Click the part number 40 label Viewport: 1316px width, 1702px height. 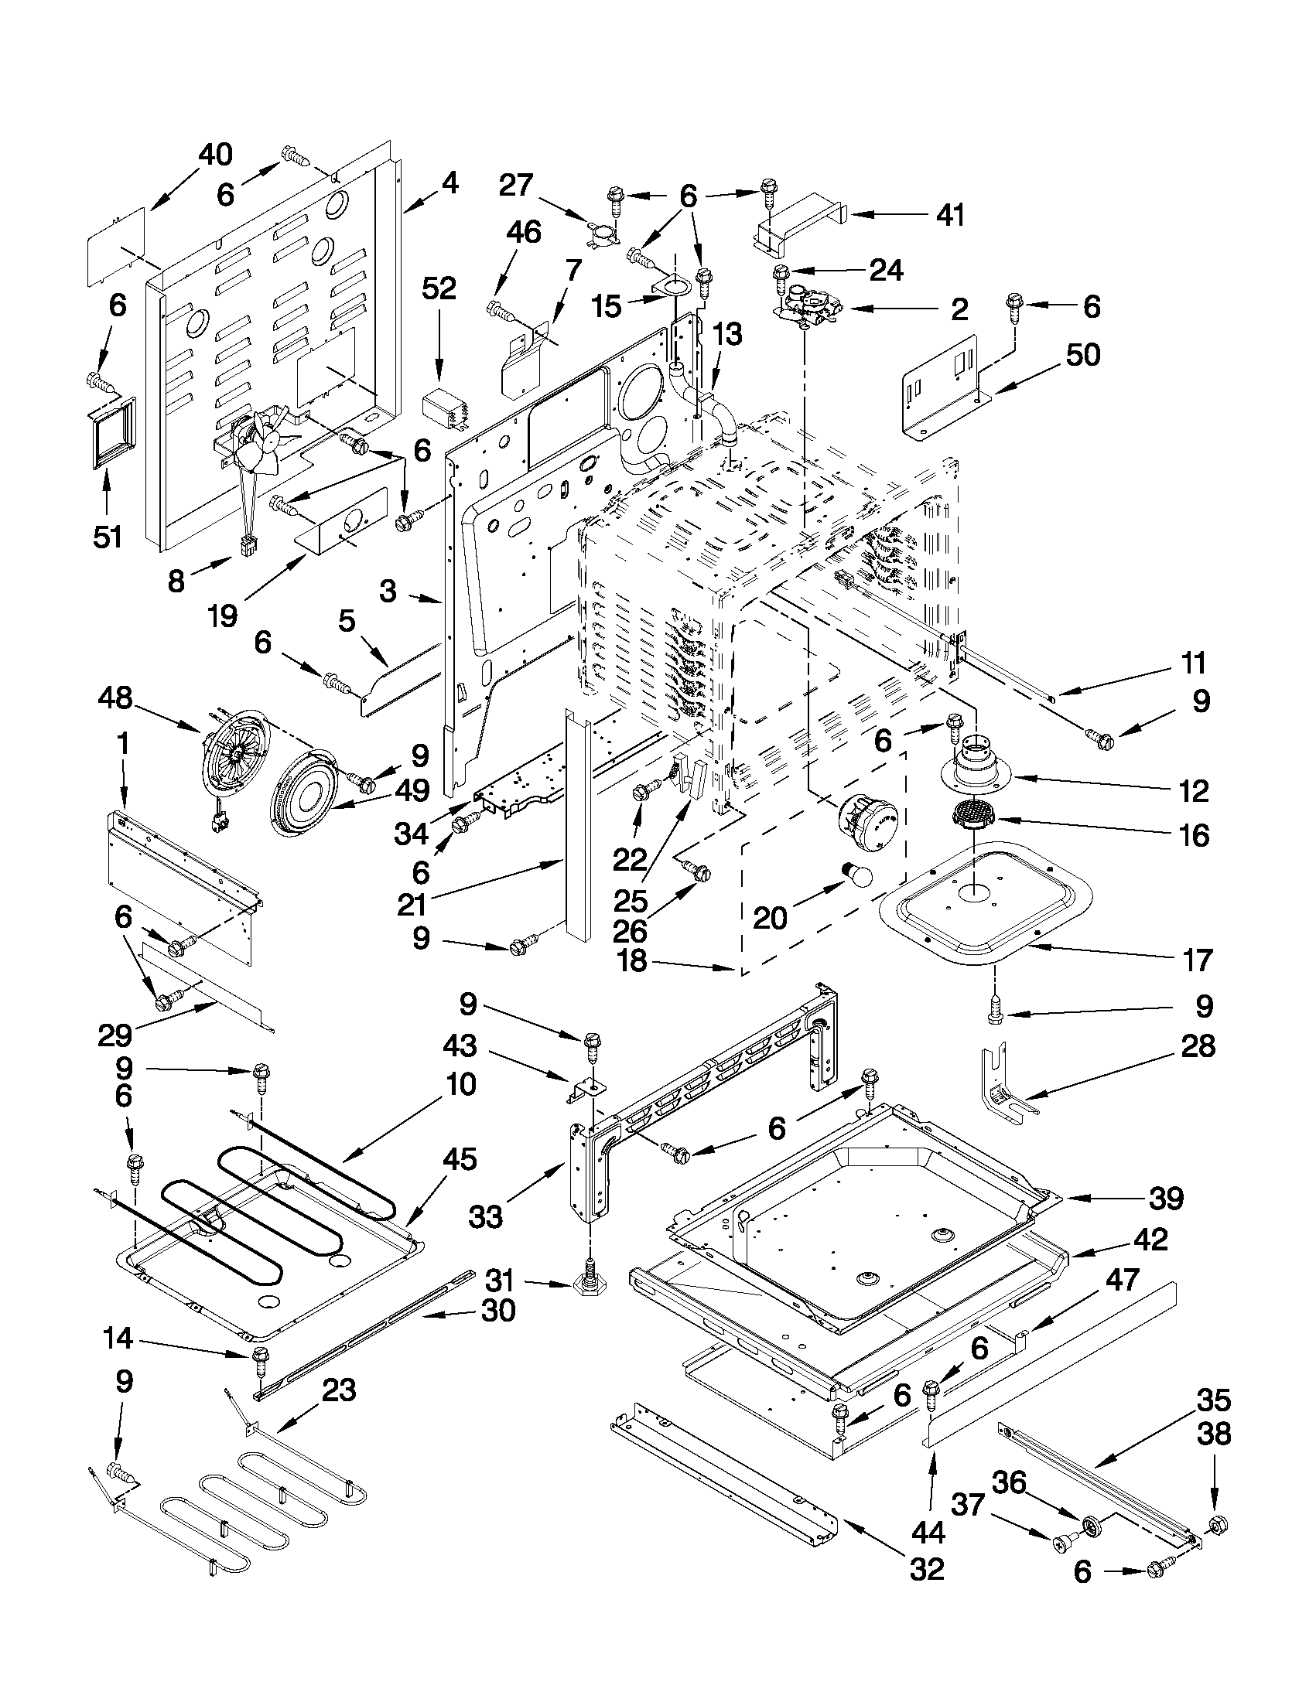click(215, 155)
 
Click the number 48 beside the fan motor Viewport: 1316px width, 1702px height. click(115, 698)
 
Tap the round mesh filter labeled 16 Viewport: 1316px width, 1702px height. click(972, 816)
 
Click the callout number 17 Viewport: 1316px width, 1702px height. click(1197, 960)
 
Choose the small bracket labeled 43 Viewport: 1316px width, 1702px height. click(583, 1089)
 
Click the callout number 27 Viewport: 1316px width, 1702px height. click(516, 186)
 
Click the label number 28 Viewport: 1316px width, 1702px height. click(1198, 1045)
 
